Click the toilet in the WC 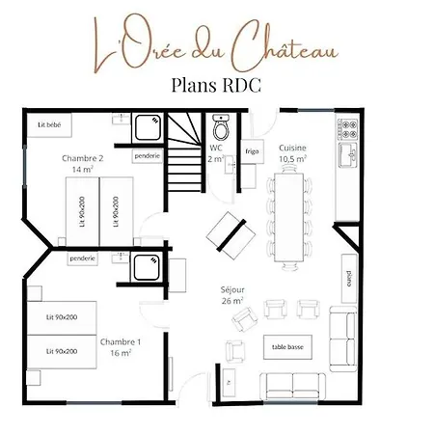tap(221, 127)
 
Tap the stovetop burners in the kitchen tap(347, 129)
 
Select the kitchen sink tap(348, 155)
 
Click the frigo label tap(252, 151)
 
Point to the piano tap(349, 279)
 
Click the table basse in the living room tap(287, 347)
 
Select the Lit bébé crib tap(49, 125)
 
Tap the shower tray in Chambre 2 tap(148, 127)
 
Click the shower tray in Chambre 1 tap(147, 268)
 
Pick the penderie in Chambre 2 tap(148, 156)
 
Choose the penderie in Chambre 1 tap(83, 258)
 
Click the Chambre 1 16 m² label tap(121, 347)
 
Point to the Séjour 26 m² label tap(232, 295)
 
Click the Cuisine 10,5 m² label tap(292, 153)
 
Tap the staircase tap(185, 152)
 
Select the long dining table tap(289, 218)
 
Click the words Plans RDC tap(216, 86)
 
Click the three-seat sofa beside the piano tap(343, 339)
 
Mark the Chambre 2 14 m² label tap(83, 164)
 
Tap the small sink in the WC tap(231, 165)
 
